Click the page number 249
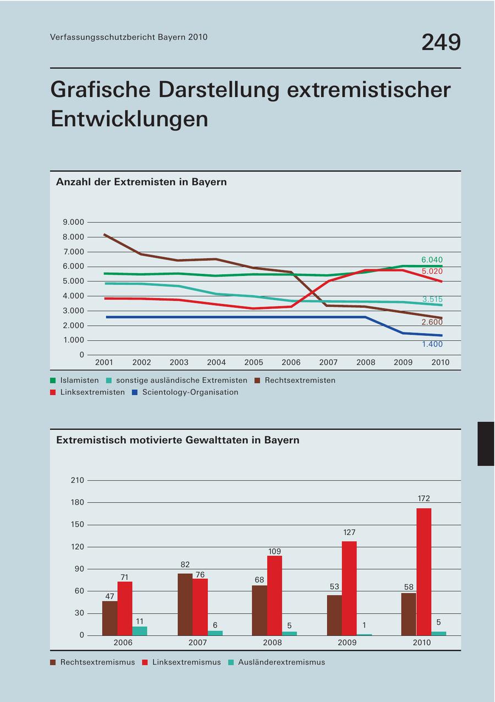click(x=441, y=42)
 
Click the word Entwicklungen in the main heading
click(x=129, y=118)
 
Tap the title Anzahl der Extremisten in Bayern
click(x=141, y=182)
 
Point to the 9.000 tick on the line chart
click(x=74, y=222)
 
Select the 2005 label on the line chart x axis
click(x=254, y=362)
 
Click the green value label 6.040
click(x=432, y=259)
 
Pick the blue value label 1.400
click(x=432, y=344)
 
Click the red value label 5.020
click(x=432, y=272)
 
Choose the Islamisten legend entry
click(x=79, y=380)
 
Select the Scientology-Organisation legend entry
click(x=190, y=393)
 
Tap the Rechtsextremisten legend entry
click(x=300, y=380)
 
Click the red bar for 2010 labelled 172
click(x=424, y=572)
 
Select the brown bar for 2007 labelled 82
click(x=185, y=604)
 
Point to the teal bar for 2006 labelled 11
click(x=140, y=631)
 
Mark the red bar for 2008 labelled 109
click(x=274, y=595)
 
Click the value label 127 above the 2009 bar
click(x=349, y=533)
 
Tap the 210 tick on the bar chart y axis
click(x=77, y=480)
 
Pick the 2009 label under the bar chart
click(x=347, y=643)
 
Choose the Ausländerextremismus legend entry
click(x=281, y=662)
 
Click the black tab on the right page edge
click(x=486, y=444)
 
